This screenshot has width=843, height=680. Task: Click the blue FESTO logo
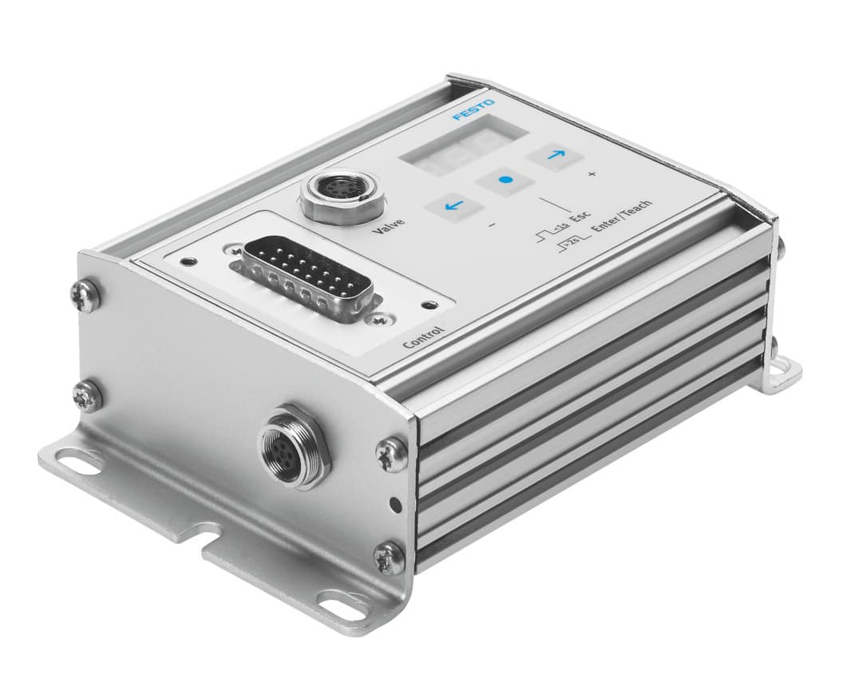(x=474, y=110)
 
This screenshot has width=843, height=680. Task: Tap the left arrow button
(x=454, y=206)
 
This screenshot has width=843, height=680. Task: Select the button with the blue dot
(x=505, y=181)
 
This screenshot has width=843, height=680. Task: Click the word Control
(x=424, y=336)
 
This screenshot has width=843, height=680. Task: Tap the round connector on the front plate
(x=292, y=444)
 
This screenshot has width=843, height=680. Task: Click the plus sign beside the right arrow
(x=592, y=174)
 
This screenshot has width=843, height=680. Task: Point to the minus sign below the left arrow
(x=491, y=226)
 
